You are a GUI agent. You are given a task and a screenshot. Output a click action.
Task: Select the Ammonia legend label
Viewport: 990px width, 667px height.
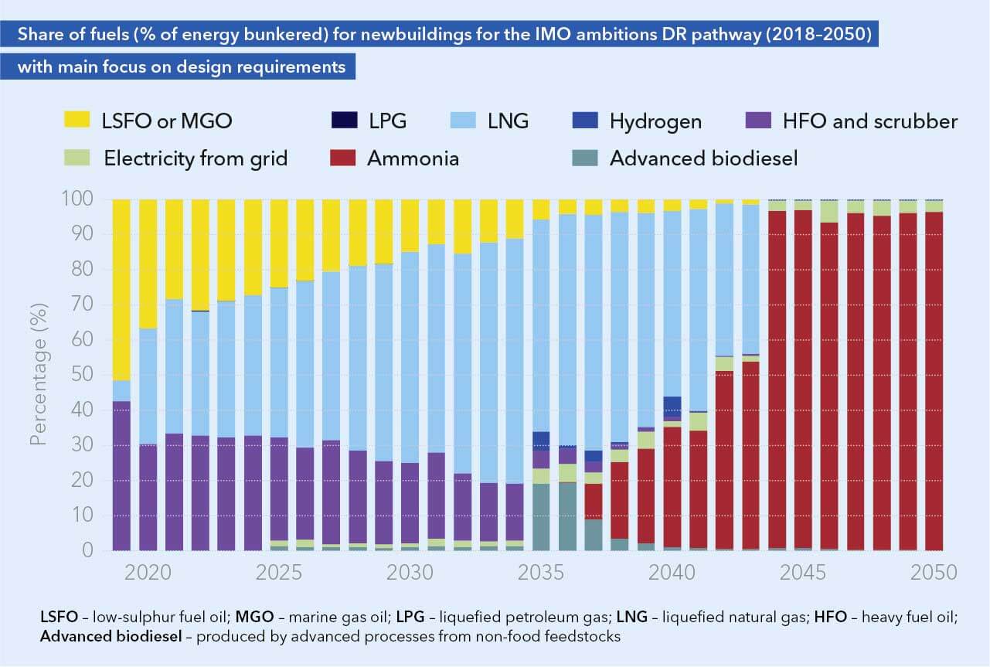coord(413,159)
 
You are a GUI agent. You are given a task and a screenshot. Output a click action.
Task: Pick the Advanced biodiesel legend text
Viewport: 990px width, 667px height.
coord(703,159)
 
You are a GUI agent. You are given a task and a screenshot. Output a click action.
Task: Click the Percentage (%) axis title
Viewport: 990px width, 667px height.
coord(39,374)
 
